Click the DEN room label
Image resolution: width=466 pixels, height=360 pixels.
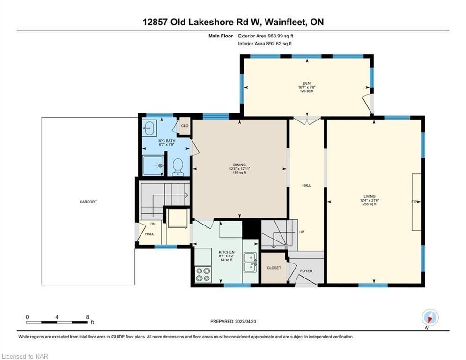click(x=306, y=83)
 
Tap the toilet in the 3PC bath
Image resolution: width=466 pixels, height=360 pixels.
click(x=178, y=166)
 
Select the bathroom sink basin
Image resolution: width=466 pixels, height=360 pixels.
click(x=149, y=128)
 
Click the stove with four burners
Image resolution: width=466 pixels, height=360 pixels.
click(x=203, y=275)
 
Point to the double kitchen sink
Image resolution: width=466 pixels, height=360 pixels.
click(x=250, y=262)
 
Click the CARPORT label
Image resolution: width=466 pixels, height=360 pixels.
click(x=88, y=202)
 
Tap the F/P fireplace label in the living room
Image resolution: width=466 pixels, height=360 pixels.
click(x=414, y=202)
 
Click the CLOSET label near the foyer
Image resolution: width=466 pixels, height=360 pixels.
click(x=274, y=268)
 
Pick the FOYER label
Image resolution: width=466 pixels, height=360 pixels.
click(x=306, y=271)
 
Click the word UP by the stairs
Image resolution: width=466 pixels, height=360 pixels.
click(x=302, y=232)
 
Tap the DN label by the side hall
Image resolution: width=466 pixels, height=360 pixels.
click(x=153, y=224)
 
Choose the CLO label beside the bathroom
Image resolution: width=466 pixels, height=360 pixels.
click(x=185, y=126)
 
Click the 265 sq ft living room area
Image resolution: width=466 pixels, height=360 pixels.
click(x=370, y=204)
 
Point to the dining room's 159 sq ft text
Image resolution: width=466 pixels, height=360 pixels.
click(x=239, y=172)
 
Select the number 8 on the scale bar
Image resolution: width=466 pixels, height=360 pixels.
click(x=88, y=317)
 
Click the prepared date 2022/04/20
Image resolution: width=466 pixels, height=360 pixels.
click(x=245, y=321)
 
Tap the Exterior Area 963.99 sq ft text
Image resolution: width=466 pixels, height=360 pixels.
click(x=266, y=36)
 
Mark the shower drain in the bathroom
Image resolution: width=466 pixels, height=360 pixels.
click(x=161, y=165)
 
